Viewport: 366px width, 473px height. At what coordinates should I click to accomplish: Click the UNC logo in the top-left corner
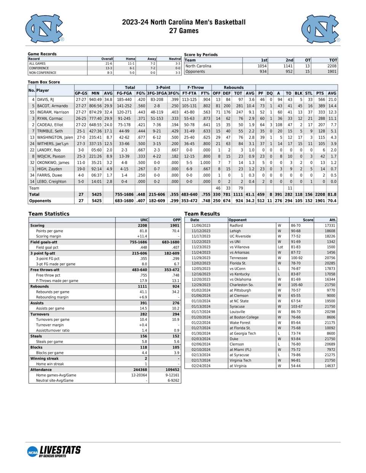[45, 29]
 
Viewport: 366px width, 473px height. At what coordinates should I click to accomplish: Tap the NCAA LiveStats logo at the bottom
[54, 451]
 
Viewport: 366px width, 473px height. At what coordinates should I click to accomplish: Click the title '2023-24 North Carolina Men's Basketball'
[184, 22]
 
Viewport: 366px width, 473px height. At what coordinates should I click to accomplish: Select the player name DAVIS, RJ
[45, 100]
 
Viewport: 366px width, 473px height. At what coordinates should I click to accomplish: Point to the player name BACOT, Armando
[52, 106]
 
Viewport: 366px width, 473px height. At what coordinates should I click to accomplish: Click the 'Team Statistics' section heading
[49, 214]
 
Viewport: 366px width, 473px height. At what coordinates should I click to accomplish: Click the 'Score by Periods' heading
[201, 55]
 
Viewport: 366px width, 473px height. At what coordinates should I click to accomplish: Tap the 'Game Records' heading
[42, 54]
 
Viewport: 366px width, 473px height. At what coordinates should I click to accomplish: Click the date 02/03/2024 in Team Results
[201, 339]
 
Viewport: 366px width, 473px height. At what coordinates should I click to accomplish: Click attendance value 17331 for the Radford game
[330, 225]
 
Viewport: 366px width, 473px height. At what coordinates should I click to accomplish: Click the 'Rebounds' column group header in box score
[233, 88]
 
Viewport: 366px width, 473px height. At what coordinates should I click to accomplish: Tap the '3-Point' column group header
[163, 88]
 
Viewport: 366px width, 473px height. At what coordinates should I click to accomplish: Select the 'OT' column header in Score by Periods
[308, 60]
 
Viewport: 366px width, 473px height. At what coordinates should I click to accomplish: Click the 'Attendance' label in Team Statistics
[41, 369]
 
